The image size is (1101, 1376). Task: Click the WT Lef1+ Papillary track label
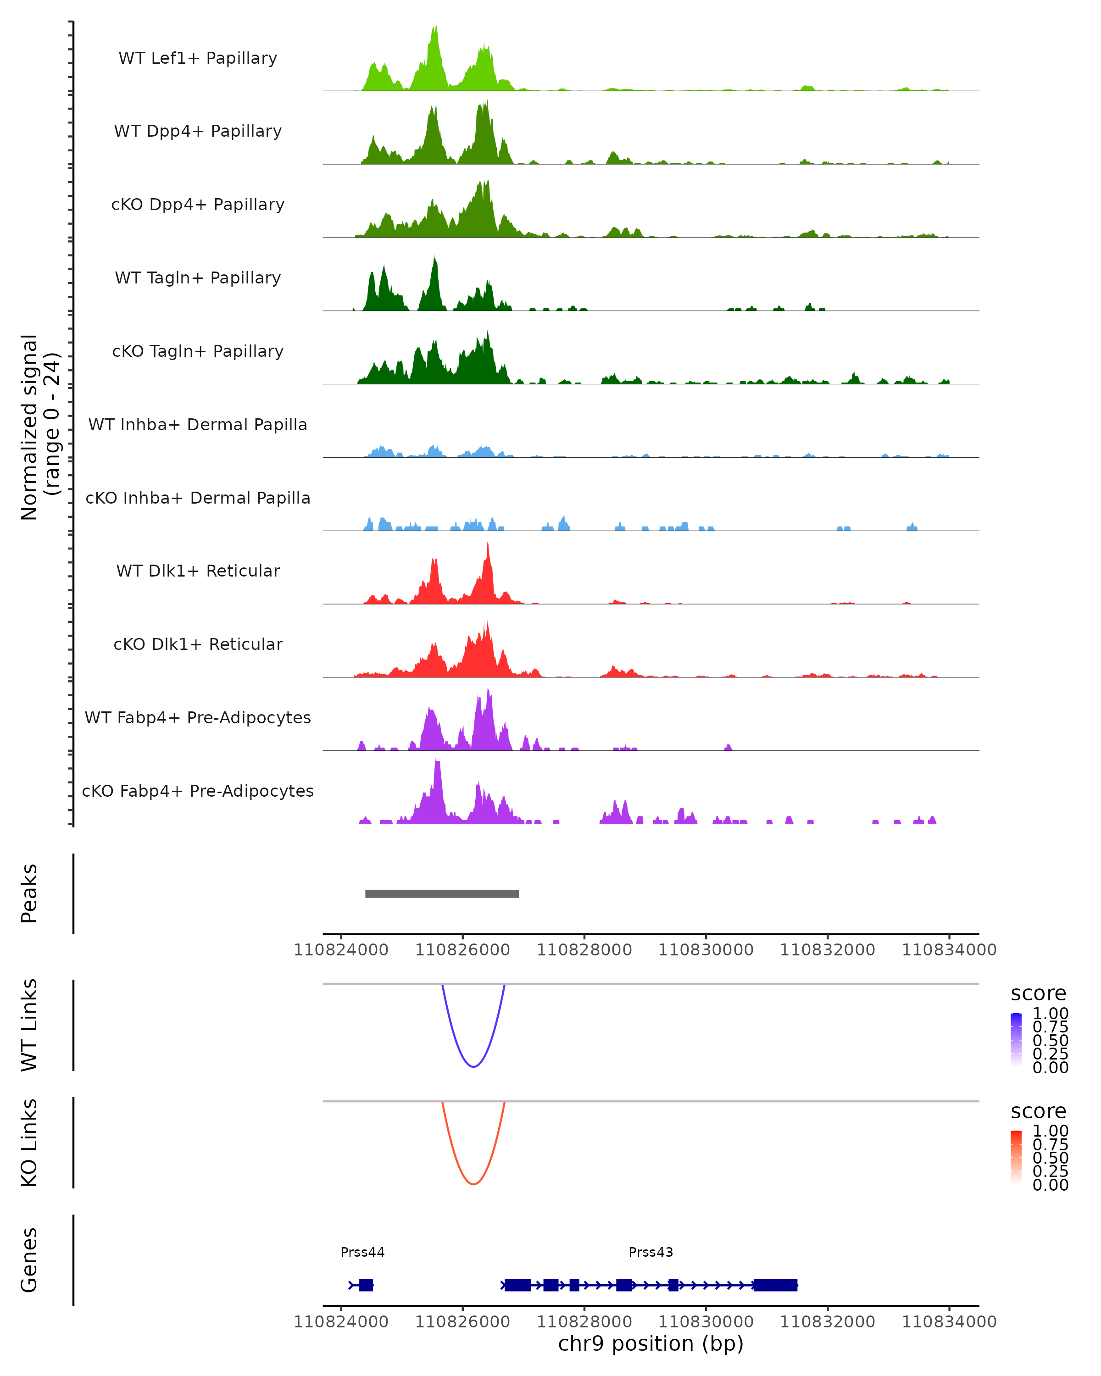198,58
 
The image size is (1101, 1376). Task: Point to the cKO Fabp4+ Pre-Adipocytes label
198,791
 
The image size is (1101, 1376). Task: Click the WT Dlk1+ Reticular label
198,571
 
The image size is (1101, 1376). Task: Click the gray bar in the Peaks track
442,893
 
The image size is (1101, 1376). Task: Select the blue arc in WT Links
473,1066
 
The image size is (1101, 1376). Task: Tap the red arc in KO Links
473,1183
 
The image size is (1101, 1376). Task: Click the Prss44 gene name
362,1252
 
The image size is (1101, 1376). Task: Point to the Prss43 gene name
651,1252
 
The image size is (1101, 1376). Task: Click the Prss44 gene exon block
366,1285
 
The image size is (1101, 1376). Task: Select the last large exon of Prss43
775,1285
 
